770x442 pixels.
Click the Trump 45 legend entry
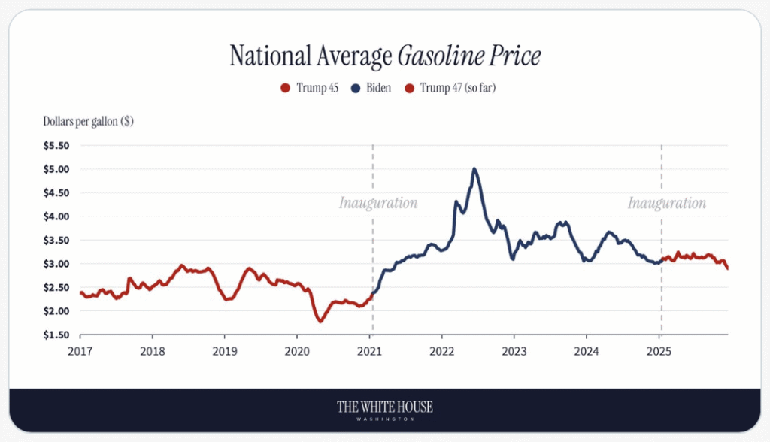(x=310, y=88)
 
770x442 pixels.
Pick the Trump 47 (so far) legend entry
(x=450, y=88)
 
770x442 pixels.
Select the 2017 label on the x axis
(x=80, y=350)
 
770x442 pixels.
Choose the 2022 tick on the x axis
(x=441, y=350)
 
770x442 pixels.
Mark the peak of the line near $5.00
(x=474, y=168)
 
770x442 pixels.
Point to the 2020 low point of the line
(x=320, y=321)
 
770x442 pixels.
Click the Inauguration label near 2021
(x=377, y=203)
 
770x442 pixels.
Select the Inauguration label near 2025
(x=667, y=203)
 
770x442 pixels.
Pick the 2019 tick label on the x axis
(x=225, y=350)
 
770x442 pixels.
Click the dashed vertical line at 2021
(x=373, y=248)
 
